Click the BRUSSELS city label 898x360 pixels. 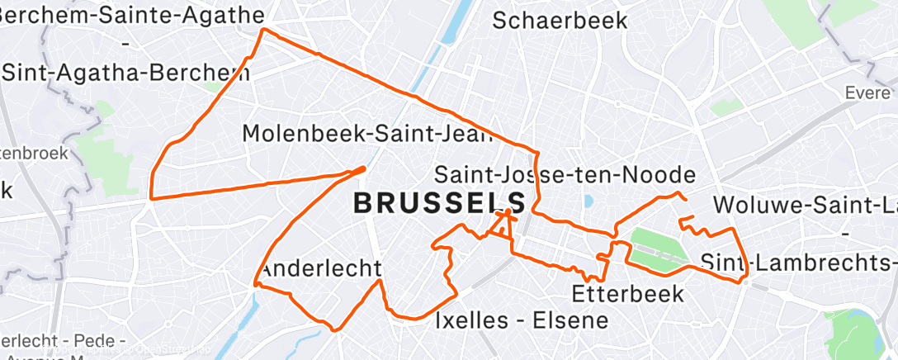pyautogui.click(x=439, y=203)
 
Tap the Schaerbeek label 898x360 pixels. pyautogui.click(x=560, y=21)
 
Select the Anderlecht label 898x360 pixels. pyautogui.click(x=320, y=269)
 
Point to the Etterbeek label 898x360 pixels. pyautogui.click(x=627, y=293)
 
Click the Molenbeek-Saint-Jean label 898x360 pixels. pyautogui.click(x=367, y=134)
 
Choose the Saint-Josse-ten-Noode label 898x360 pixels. pyautogui.click(x=565, y=175)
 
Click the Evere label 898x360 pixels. pyautogui.click(x=867, y=93)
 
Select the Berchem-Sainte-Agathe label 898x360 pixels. pyautogui.click(x=132, y=15)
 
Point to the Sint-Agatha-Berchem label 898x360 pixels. pyautogui.click(x=125, y=73)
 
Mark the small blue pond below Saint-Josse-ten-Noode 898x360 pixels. pyautogui.click(x=588, y=201)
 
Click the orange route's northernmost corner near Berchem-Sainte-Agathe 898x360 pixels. pyautogui.click(x=263, y=30)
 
